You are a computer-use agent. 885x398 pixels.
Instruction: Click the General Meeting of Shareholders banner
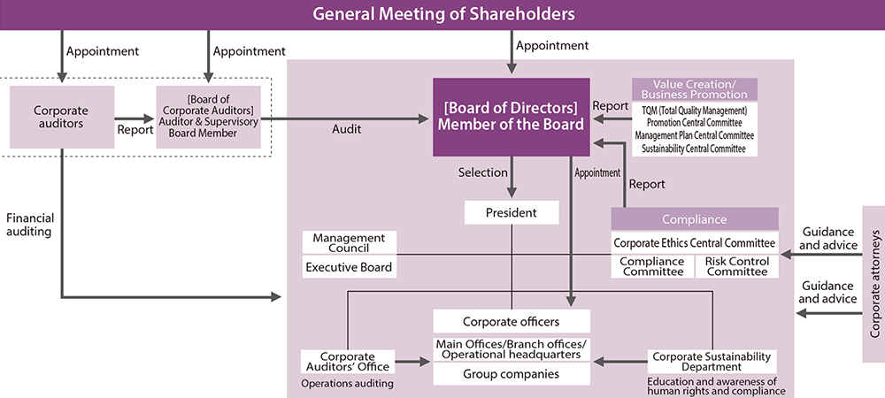[x=442, y=14]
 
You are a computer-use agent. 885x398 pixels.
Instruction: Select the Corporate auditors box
[x=60, y=118]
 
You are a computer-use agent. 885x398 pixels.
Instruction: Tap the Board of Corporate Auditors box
[x=209, y=118]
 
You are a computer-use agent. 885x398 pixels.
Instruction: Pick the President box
[x=512, y=213]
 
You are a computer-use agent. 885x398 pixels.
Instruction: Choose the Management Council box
[x=349, y=242]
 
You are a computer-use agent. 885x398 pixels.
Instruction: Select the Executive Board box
[x=349, y=266]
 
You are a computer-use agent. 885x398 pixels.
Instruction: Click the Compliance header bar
[x=695, y=219]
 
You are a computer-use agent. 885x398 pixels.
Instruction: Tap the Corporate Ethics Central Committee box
[x=695, y=242]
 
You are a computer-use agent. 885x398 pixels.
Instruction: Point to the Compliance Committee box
[x=651, y=266]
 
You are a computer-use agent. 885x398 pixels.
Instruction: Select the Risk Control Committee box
[x=737, y=266]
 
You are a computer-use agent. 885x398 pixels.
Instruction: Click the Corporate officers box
[x=512, y=322]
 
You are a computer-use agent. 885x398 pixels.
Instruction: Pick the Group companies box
[x=512, y=374]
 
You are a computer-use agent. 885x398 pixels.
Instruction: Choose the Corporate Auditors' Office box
[x=348, y=362]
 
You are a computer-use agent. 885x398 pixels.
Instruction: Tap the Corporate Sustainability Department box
[x=712, y=361]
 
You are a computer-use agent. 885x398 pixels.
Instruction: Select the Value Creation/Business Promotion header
[x=695, y=89]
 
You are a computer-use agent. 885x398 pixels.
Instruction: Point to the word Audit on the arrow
[x=346, y=129]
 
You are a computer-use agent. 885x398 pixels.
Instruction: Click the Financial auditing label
[x=29, y=224]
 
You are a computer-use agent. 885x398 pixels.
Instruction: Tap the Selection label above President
[x=483, y=172]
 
